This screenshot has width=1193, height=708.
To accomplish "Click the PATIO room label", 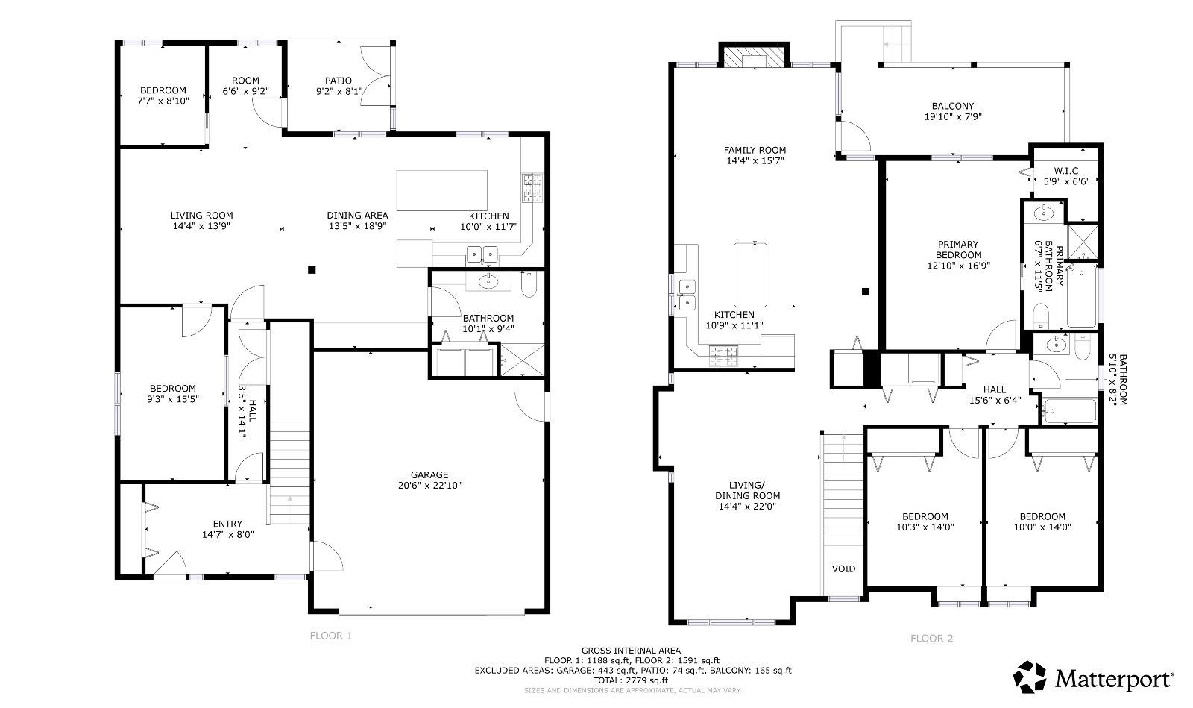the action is point(339,81).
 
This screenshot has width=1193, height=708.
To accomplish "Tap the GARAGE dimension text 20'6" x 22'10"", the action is point(429,486).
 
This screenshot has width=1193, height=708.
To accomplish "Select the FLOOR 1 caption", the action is point(331,636).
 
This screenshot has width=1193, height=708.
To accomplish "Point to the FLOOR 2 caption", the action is point(931,638).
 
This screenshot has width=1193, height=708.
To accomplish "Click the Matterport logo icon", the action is point(1030,677).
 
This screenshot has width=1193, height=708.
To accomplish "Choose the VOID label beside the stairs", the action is point(843,569).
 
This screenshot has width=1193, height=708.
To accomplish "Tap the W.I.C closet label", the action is point(1066,171).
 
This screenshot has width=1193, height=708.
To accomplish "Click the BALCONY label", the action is point(953,106).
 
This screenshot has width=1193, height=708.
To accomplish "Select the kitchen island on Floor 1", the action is point(442,190).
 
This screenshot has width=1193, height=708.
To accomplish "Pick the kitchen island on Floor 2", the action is point(750,275).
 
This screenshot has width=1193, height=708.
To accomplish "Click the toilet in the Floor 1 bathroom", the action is point(529,284).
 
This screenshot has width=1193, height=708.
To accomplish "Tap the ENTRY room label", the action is point(227,524).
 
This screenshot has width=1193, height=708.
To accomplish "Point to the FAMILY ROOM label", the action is point(755,150).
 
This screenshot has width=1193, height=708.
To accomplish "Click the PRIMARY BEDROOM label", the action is point(958,249).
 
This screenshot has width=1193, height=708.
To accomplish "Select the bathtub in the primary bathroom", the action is point(1082,295).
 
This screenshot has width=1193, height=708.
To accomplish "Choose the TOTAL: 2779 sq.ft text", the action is point(631,680).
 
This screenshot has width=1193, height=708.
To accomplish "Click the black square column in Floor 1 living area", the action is point(312,270).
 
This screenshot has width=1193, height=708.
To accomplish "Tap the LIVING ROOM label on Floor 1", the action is point(201,215).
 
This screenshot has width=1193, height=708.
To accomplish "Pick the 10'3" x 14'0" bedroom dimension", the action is point(925,527).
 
